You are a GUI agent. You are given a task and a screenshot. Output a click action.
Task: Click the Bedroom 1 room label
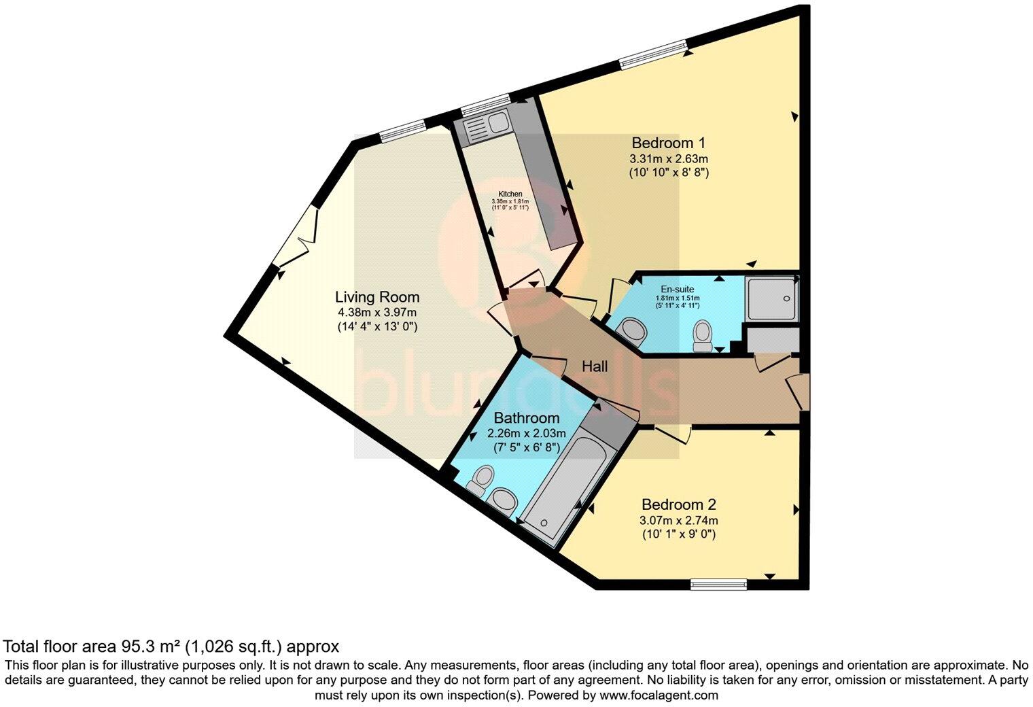669,143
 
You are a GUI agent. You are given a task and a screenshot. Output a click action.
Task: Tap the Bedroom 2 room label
679,505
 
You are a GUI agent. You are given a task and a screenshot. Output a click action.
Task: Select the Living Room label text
377,297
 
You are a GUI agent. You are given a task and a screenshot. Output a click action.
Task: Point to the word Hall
595,366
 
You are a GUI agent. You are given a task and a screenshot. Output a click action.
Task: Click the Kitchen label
510,194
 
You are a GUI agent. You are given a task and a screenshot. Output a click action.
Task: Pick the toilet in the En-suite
702,335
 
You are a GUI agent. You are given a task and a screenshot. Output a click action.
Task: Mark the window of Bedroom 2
718,583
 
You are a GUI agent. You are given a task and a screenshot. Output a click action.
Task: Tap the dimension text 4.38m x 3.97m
377,312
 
